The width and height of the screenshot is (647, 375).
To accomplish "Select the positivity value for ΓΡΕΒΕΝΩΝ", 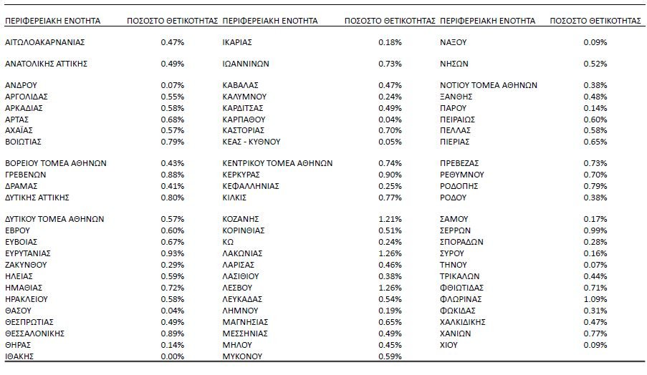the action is pyautogui.click(x=172, y=174).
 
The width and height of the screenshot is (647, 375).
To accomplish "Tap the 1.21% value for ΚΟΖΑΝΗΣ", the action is pyautogui.click(x=390, y=218).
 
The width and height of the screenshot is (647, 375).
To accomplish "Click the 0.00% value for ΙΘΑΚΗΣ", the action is pyautogui.click(x=172, y=356).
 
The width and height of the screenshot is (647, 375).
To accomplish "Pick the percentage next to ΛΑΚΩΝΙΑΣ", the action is pyautogui.click(x=390, y=253).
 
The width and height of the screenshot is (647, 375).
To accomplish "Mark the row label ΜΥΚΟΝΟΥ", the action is pyautogui.click(x=244, y=356).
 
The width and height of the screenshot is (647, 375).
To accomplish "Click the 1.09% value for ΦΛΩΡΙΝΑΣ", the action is pyautogui.click(x=595, y=298).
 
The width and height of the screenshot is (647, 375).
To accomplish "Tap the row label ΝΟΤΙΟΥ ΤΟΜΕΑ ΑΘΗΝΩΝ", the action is pyautogui.click(x=488, y=84).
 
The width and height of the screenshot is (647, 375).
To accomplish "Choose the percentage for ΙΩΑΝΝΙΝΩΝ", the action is pyautogui.click(x=390, y=63).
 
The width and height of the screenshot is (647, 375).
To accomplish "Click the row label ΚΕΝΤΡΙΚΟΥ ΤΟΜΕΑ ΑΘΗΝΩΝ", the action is pyautogui.click(x=277, y=162).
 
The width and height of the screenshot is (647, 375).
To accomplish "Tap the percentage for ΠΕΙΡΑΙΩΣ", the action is pyautogui.click(x=595, y=119).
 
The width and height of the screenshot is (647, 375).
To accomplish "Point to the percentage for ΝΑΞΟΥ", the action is pyautogui.click(x=595, y=43).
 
